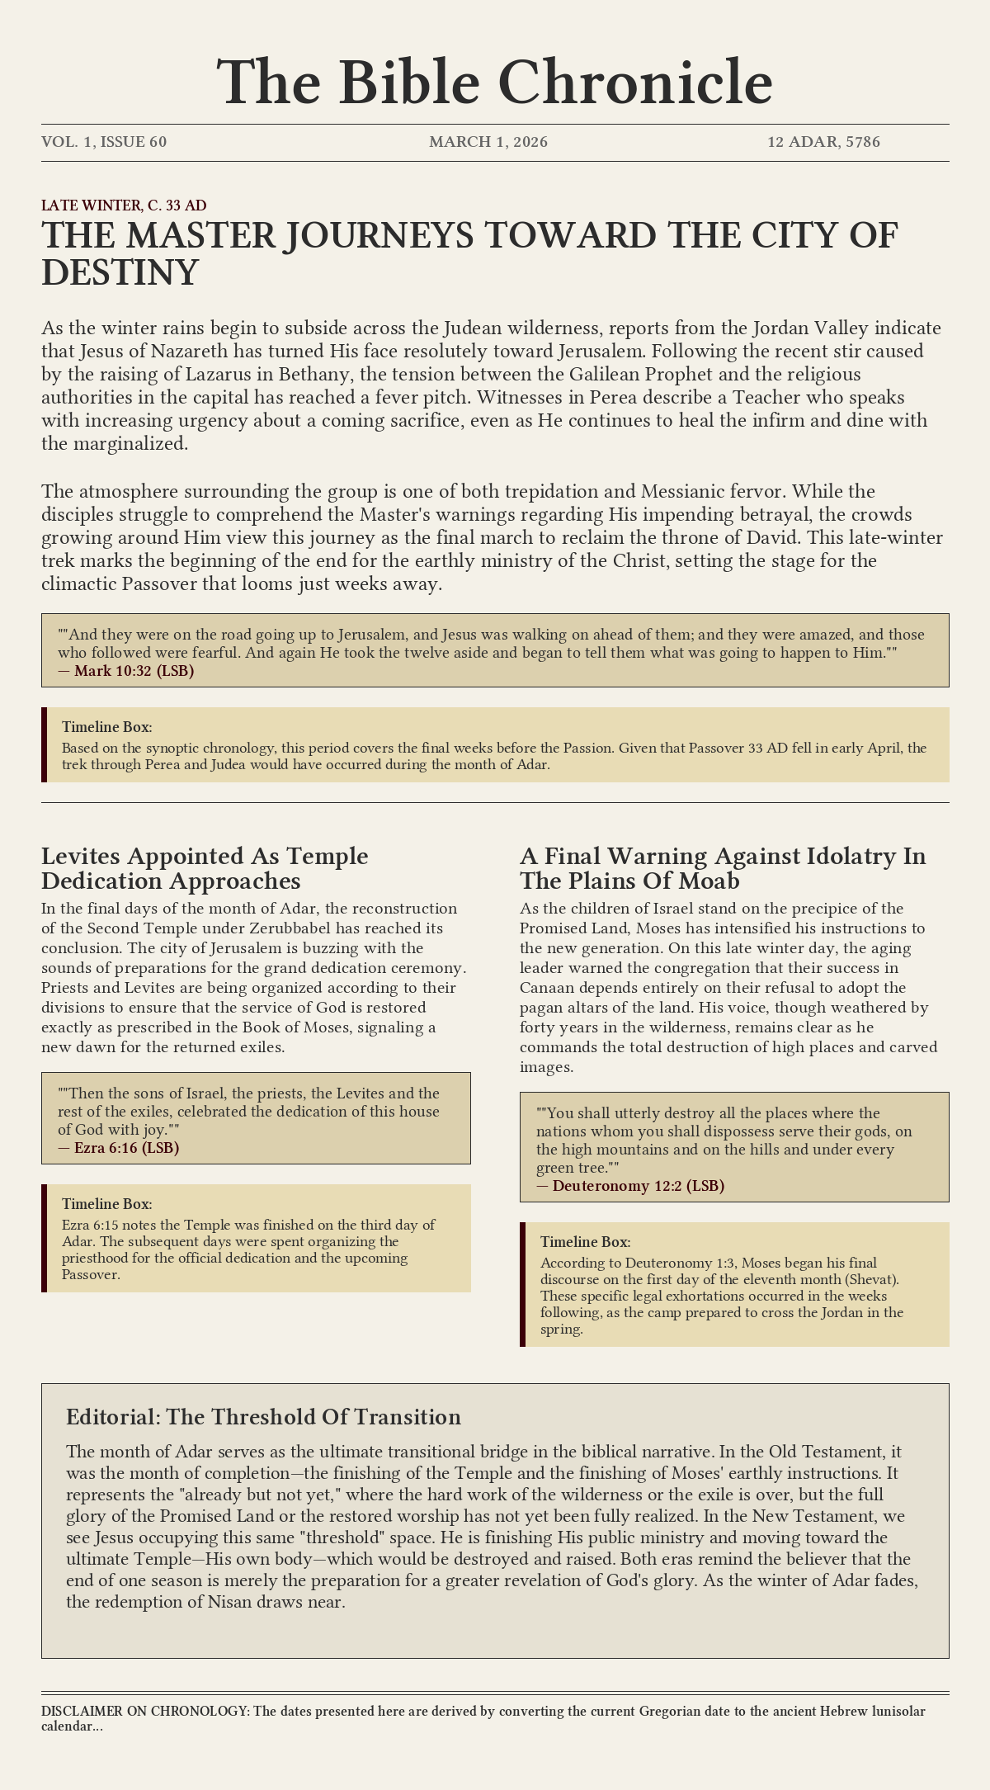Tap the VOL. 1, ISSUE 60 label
point(104,142)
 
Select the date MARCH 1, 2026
point(488,142)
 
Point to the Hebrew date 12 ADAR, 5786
point(823,142)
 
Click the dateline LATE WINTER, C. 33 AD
point(124,205)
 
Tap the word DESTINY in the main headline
point(120,273)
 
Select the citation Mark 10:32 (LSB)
point(134,671)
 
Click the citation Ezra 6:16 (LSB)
point(126,1148)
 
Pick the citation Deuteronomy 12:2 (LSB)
point(638,1186)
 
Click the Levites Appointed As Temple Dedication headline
point(205,868)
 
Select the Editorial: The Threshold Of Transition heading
point(263,1417)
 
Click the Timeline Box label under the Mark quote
point(106,727)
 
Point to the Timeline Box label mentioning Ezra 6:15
point(106,1204)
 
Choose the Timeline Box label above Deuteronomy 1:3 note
point(585,1242)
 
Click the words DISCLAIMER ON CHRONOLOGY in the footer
point(144,1712)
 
